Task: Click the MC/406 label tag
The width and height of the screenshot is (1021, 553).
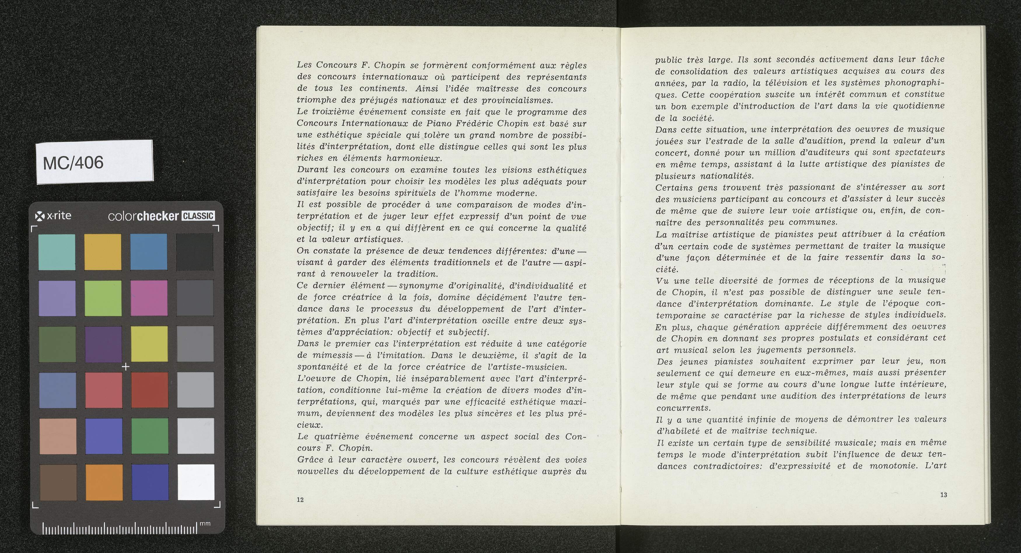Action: (94, 162)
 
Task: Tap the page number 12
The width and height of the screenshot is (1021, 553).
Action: (300, 500)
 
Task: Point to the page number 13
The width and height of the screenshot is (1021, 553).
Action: (943, 495)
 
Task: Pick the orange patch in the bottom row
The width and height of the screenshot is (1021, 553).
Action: (104, 482)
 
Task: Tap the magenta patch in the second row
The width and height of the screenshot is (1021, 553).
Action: (149, 298)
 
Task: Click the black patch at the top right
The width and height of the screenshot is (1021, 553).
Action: (195, 252)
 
